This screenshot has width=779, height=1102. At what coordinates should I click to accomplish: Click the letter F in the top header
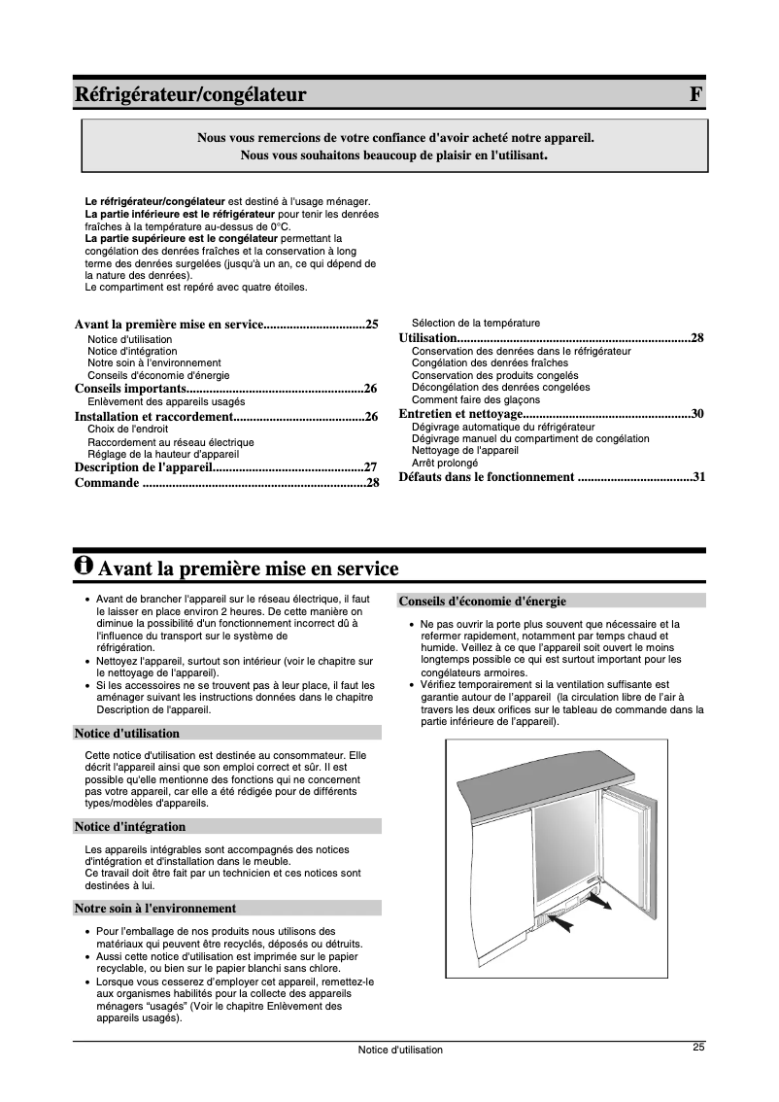pyautogui.click(x=694, y=94)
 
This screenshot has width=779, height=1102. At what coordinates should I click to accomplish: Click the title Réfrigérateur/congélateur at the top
pyautogui.click(x=190, y=94)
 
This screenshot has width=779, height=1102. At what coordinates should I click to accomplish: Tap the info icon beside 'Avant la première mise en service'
pyautogui.click(x=85, y=566)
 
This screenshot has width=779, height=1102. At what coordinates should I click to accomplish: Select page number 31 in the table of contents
pyautogui.click(x=698, y=477)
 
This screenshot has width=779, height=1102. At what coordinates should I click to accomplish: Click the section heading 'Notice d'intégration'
pyautogui.click(x=130, y=827)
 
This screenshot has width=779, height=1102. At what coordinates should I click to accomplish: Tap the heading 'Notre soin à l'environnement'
pyautogui.click(x=155, y=909)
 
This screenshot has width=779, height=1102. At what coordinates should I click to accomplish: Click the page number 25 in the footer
pyautogui.click(x=698, y=1047)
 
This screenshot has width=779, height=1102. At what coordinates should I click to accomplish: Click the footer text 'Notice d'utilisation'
pyautogui.click(x=399, y=1050)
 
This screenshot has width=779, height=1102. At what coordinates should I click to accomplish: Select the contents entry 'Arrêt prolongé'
pyautogui.click(x=445, y=463)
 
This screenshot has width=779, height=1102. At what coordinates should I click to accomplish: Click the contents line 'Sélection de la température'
pyautogui.click(x=476, y=323)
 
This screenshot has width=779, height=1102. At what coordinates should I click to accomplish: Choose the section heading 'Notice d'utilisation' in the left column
pyautogui.click(x=127, y=734)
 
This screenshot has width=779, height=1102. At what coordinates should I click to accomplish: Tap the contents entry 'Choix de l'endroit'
pyautogui.click(x=128, y=429)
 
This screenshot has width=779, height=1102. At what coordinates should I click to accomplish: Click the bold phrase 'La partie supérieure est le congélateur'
pyautogui.click(x=181, y=238)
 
